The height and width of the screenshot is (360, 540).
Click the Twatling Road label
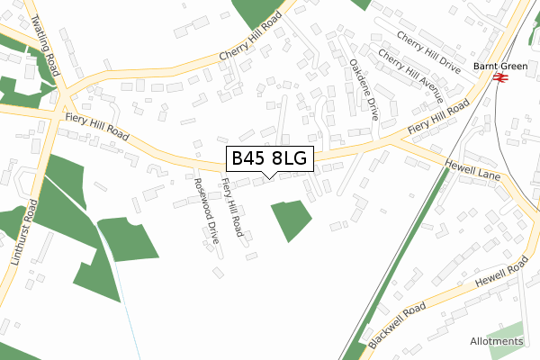point(46,44)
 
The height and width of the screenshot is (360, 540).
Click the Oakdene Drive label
point(363,89)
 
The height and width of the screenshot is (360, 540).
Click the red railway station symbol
point(500,78)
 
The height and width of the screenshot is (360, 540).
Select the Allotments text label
point(496,341)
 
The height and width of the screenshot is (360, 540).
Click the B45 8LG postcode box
point(269,159)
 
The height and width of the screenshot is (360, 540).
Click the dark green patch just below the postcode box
point(291,219)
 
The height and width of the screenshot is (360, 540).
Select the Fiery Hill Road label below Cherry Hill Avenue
point(438,119)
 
